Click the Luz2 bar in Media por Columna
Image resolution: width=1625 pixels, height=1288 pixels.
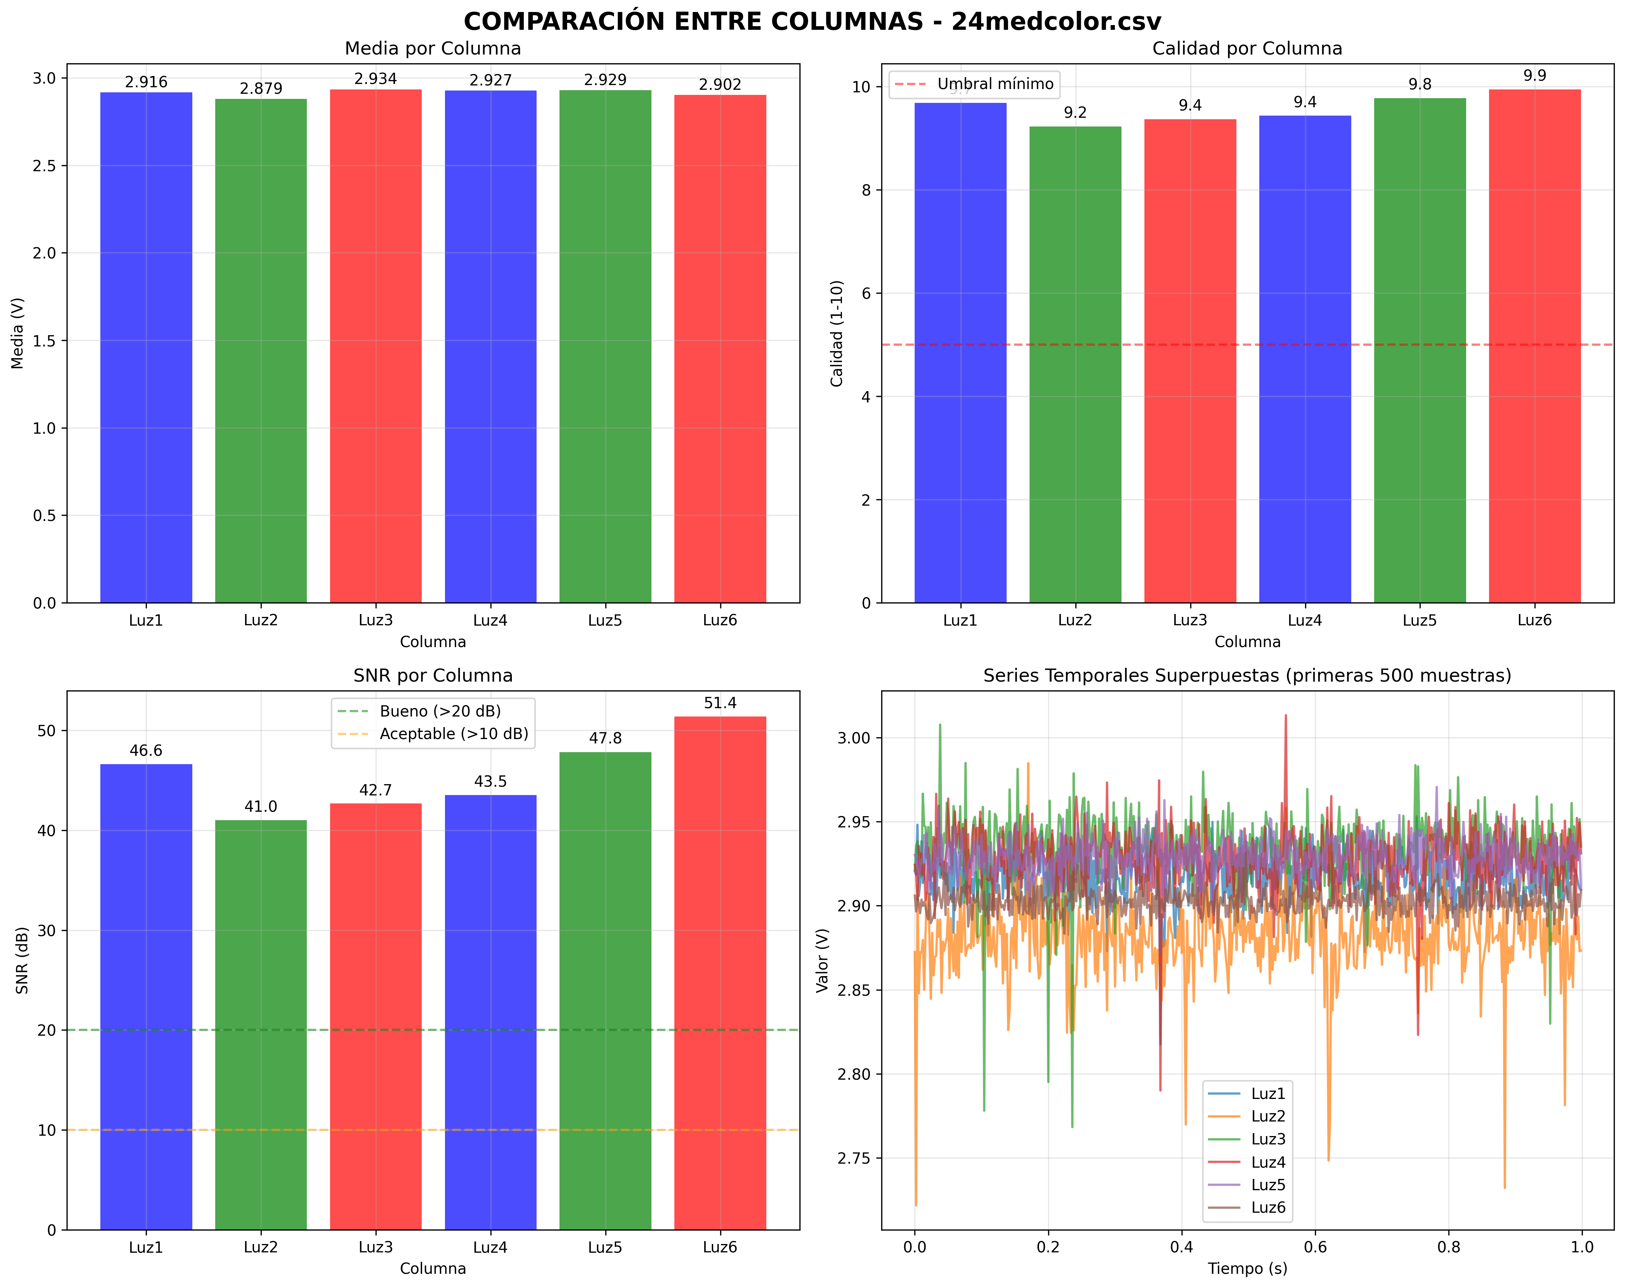click(261, 350)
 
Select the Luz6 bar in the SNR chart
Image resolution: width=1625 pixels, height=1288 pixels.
click(720, 972)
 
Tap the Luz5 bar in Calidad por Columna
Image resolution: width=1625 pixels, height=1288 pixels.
click(1419, 350)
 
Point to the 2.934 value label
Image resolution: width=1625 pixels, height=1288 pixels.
click(375, 79)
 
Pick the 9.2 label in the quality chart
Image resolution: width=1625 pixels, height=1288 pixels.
click(1075, 113)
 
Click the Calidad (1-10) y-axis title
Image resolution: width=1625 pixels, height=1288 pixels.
click(836, 333)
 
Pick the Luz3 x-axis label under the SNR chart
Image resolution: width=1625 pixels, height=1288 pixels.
click(375, 1247)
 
